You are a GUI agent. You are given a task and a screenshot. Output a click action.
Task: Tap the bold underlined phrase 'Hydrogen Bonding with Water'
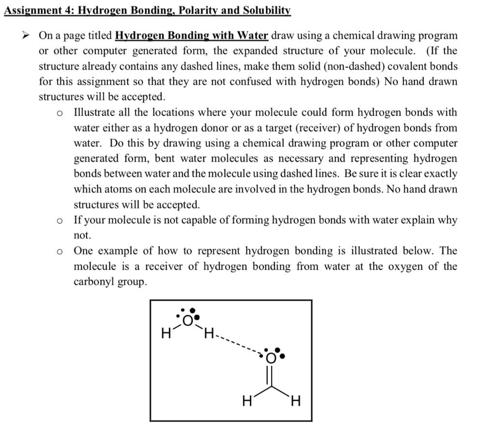click(x=192, y=36)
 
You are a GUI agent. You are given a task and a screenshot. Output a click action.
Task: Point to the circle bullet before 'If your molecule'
click(x=59, y=220)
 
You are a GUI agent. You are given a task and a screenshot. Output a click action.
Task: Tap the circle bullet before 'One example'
click(x=59, y=251)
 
